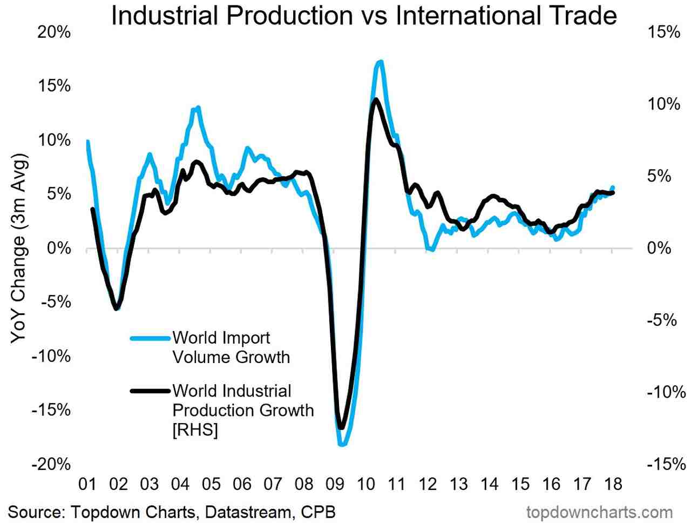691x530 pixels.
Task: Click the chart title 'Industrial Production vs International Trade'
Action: pos(364,16)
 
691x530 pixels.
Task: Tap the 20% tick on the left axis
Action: pos(54,32)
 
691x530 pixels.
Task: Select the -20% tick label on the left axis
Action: pos(51,465)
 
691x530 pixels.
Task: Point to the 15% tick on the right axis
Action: pos(663,32)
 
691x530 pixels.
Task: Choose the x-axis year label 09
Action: pos(335,484)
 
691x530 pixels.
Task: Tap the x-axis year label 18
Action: pos(612,484)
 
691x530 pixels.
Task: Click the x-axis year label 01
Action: pos(87,484)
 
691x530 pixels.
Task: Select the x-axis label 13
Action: pos(458,484)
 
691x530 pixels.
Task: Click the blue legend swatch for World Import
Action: pos(150,338)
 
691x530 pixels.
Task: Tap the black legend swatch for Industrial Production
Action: pos(150,391)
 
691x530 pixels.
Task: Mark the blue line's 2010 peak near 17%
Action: pos(380,62)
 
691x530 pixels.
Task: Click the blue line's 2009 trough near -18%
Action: pos(342,445)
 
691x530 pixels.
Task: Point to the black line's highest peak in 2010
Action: pos(376,99)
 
